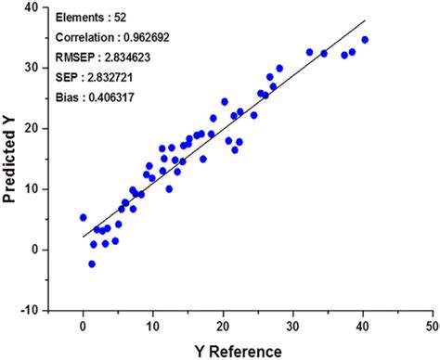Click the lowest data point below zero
coord(92,264)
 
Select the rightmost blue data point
coord(365,40)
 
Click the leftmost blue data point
coord(84,218)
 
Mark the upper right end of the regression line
coord(366,20)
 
